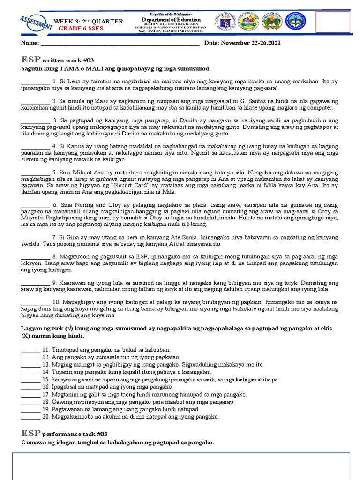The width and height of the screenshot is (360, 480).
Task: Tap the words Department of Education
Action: [171, 20]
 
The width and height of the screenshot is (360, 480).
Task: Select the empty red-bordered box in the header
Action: [333, 22]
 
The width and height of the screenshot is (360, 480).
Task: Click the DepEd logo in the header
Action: [249, 21]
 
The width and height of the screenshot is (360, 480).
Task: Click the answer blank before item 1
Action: [35, 82]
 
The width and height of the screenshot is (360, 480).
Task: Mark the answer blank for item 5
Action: [35, 172]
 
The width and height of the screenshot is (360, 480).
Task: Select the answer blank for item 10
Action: [35, 302]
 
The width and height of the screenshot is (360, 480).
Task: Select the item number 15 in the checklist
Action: [45, 380]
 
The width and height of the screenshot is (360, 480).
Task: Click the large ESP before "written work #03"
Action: [30, 59]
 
